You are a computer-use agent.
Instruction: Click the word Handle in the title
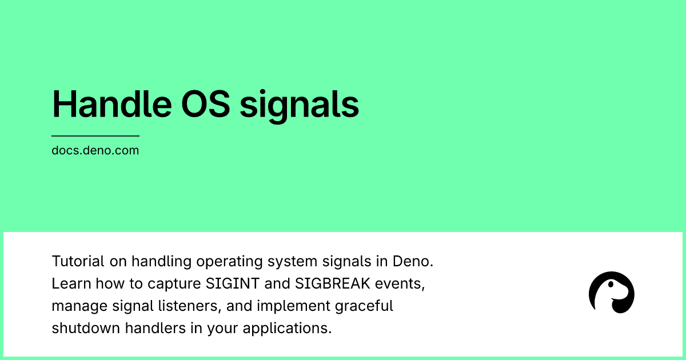pyautogui.click(x=103, y=104)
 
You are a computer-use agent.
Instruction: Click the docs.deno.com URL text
pyautogui.click(x=95, y=151)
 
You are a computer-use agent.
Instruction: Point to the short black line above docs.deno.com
pyautogui.click(x=95, y=136)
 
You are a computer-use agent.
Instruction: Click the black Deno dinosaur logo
pyautogui.click(x=611, y=293)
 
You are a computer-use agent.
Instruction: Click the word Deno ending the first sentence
pyautogui.click(x=412, y=261)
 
